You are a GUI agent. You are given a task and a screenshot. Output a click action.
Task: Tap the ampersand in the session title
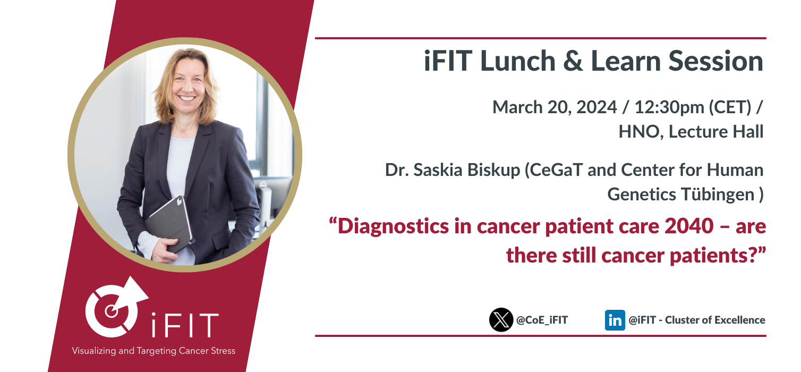tap(573, 61)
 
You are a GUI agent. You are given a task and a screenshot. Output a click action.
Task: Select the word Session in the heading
tap(715, 61)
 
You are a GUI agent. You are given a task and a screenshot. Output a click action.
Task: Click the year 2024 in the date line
tap(597, 107)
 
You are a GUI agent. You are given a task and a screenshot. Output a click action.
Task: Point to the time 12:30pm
tap(669, 108)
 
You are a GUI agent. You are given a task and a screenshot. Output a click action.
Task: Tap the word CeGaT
tap(556, 170)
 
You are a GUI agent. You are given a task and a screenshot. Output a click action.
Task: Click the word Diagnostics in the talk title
tap(393, 227)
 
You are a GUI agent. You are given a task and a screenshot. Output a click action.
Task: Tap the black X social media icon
tap(501, 320)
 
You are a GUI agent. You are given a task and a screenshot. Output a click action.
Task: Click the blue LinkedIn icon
tap(615, 320)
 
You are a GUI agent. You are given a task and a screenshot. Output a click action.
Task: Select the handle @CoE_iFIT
tap(542, 320)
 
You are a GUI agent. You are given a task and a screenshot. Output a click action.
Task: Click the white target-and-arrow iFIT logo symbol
tap(116, 308)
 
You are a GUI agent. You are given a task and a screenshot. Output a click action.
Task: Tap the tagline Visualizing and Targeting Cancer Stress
tap(154, 351)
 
